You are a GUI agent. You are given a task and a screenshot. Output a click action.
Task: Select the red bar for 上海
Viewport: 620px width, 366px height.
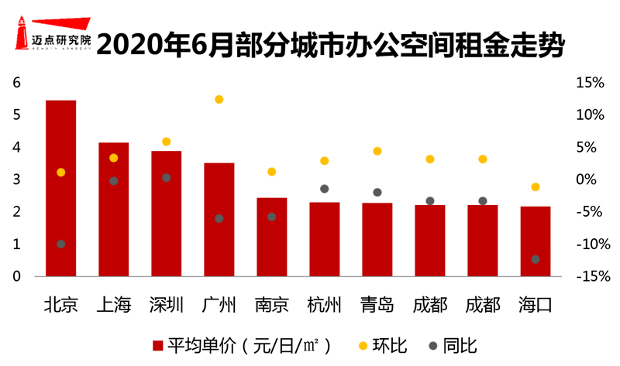(113, 209)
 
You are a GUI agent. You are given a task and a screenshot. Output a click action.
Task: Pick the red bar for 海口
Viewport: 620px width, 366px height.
(535, 241)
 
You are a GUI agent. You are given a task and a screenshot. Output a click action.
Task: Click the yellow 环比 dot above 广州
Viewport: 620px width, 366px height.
(219, 99)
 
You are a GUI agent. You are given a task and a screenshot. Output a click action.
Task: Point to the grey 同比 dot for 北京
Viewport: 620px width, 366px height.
(60, 244)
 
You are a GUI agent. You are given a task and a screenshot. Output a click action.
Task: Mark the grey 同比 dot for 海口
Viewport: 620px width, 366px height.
(535, 259)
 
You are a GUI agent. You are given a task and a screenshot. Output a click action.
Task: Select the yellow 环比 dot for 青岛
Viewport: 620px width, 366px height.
(377, 151)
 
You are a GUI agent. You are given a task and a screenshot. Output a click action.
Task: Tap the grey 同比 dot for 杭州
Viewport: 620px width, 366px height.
(325, 189)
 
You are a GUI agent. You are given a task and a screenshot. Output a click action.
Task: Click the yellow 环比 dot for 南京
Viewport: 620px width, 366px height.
(271, 172)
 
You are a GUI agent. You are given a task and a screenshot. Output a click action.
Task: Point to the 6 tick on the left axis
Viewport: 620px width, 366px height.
(16, 83)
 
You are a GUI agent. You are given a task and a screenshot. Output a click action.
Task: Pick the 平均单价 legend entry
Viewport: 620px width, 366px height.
(240, 345)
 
